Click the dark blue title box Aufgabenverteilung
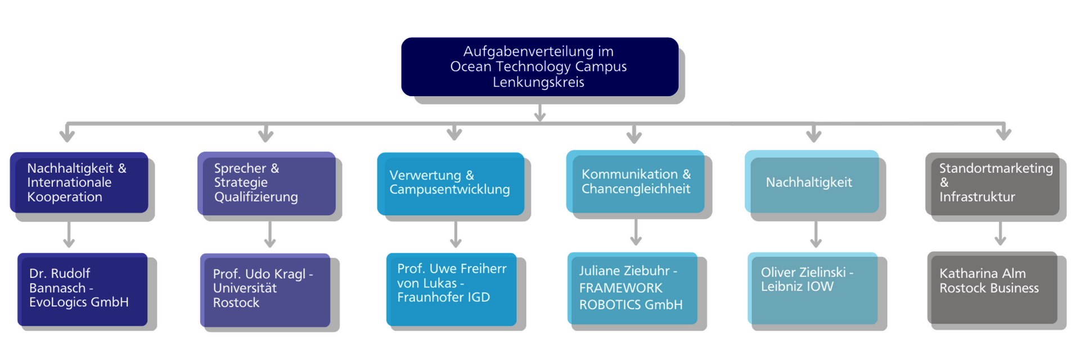click(x=539, y=67)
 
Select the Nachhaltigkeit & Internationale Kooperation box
click(x=79, y=182)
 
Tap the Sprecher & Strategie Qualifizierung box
click(x=267, y=183)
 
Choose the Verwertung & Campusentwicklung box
click(x=451, y=183)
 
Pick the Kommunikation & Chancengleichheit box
click(x=636, y=182)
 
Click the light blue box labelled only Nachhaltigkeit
click(x=812, y=182)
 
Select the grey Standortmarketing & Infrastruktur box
click(x=993, y=183)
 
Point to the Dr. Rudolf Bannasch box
click(x=83, y=289)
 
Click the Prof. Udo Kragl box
click(x=265, y=289)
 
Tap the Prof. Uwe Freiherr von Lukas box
click(x=452, y=289)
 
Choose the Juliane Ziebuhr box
click(x=633, y=288)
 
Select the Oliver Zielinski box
click(x=813, y=287)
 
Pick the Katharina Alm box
click(x=992, y=287)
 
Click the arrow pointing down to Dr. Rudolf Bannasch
click(x=69, y=235)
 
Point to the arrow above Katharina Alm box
click(x=1000, y=233)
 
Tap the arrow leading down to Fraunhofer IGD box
click(x=456, y=235)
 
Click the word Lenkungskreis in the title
click(x=538, y=83)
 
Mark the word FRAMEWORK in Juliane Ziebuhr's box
click(x=621, y=288)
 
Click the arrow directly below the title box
click(x=539, y=111)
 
